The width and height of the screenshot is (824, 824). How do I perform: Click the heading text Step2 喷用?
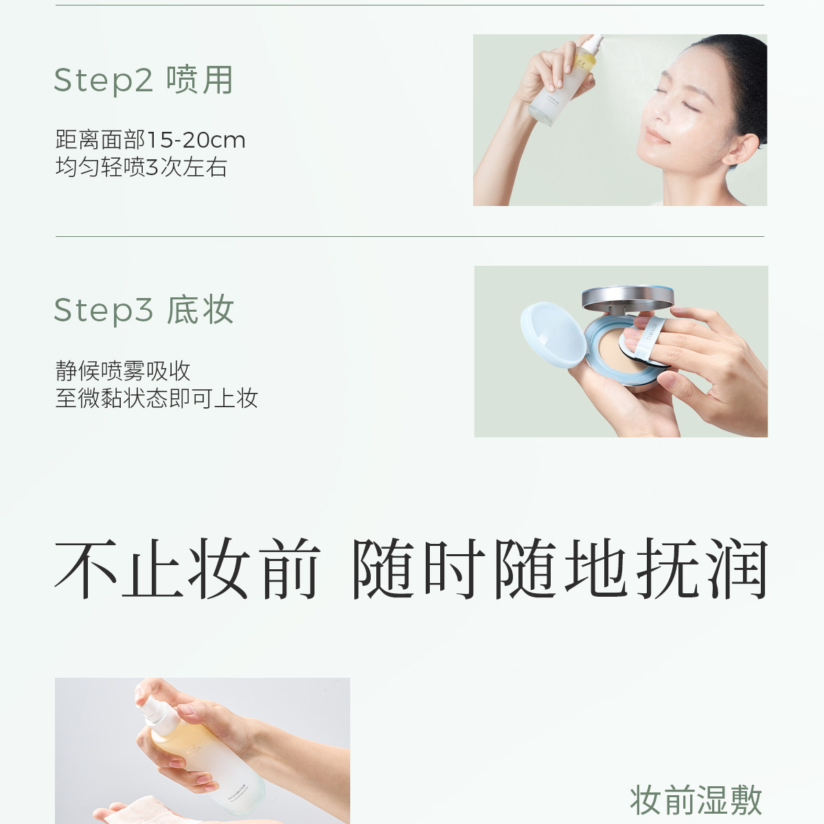(144, 80)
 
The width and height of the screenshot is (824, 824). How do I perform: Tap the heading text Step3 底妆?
(144, 310)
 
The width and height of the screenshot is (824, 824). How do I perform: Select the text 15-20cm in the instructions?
(196, 140)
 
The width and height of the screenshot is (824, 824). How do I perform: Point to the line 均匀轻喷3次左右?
(141, 167)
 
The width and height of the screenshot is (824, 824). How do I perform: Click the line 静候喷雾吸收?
(123, 371)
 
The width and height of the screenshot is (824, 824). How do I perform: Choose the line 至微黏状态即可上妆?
(157, 398)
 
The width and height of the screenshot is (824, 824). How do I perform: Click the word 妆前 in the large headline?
(255, 569)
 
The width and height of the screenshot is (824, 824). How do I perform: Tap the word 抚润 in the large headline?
(702, 569)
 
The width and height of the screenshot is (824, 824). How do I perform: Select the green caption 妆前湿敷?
(696, 800)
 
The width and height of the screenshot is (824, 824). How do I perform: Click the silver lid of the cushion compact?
(628, 298)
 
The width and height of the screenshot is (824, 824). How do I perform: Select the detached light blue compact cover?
(553, 334)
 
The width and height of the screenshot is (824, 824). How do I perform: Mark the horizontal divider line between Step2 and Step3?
(410, 236)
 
